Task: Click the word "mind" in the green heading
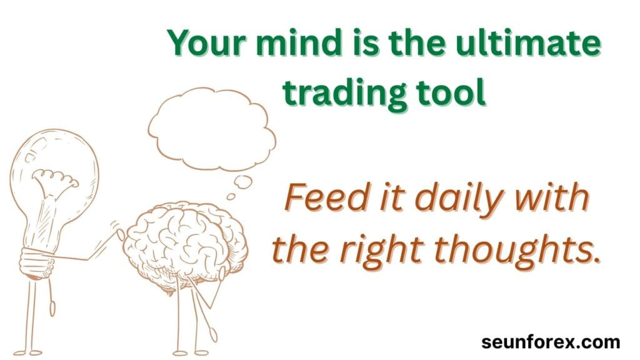(297, 43)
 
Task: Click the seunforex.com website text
(551, 342)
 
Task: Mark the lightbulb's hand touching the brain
(120, 234)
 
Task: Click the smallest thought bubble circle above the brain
(231, 197)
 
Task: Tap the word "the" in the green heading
(417, 43)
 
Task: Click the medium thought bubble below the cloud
(243, 182)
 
